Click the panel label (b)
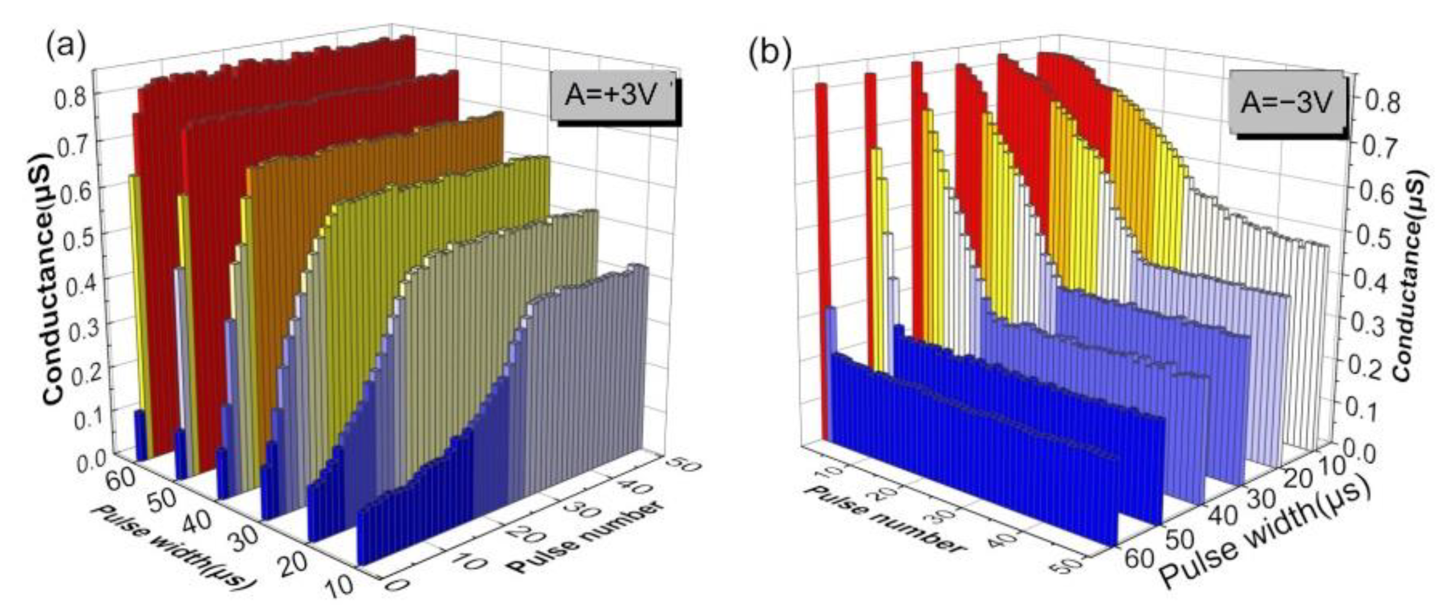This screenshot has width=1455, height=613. [769, 53]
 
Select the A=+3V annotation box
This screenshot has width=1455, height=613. [611, 95]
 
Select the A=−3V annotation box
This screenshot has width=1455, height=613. [1285, 102]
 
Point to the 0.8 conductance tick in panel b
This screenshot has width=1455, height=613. [1383, 102]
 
